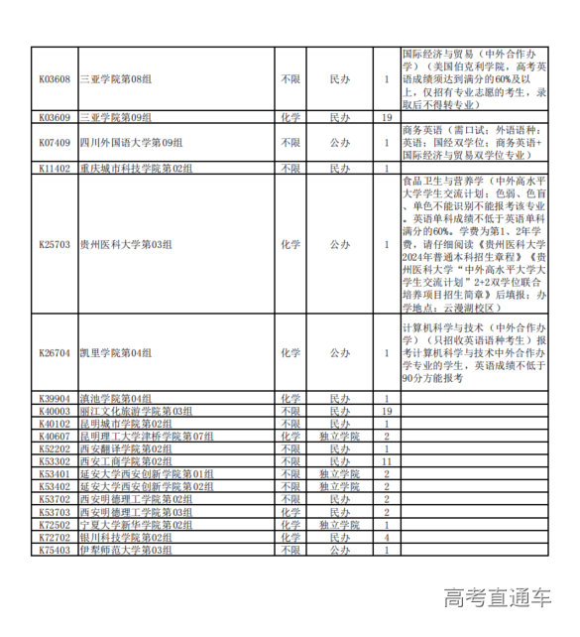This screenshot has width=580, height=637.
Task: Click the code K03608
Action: click(55, 78)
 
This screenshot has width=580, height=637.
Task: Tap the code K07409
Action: click(55, 143)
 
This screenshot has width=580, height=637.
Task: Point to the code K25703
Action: click(55, 243)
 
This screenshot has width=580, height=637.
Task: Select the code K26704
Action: click(55, 352)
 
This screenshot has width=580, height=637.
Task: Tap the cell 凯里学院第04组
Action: click(116, 352)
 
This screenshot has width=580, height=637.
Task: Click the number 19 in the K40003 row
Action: click(388, 411)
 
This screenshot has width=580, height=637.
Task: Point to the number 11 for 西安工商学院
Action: click(388, 461)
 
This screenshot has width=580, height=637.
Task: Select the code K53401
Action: click(55, 474)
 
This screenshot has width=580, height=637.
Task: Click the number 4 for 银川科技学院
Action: click(388, 537)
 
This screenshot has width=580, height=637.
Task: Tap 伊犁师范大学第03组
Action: click(125, 550)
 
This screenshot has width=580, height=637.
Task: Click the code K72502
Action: click(55, 525)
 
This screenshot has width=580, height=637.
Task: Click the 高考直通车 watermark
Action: click(497, 597)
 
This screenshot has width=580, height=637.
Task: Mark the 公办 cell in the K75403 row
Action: click(340, 550)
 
